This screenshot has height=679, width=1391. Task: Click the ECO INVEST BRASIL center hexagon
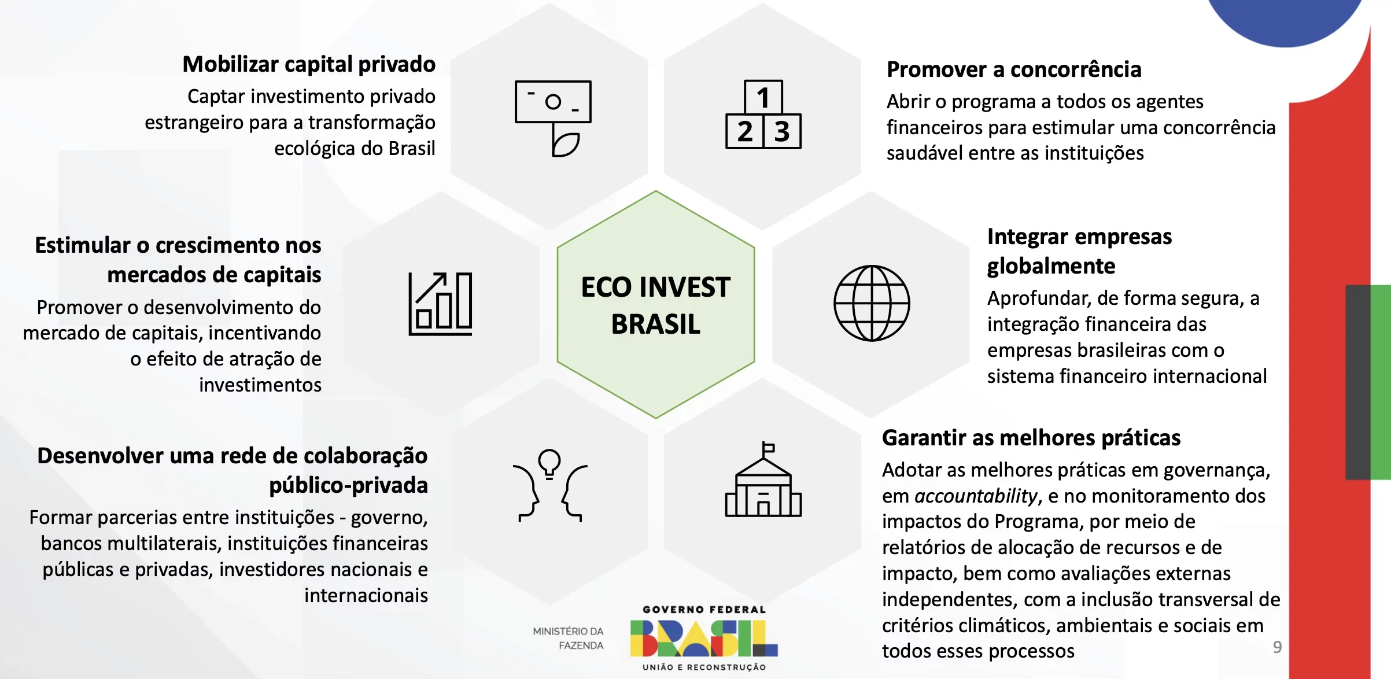click(x=656, y=304)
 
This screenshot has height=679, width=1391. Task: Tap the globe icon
click(x=872, y=303)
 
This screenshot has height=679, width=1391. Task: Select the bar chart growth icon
click(x=441, y=304)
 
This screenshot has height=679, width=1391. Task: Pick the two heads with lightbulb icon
click(x=550, y=485)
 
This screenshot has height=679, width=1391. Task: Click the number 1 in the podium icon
click(x=763, y=98)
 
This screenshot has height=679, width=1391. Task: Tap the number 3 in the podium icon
click(x=782, y=132)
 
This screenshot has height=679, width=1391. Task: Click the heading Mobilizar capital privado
click(x=309, y=64)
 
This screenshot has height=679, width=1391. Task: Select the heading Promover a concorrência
click(x=1014, y=69)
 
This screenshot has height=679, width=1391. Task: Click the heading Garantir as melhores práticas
click(x=1031, y=438)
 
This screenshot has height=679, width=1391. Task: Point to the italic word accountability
click(x=976, y=496)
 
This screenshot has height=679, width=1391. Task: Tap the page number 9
click(x=1277, y=647)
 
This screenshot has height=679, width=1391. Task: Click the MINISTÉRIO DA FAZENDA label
click(x=568, y=638)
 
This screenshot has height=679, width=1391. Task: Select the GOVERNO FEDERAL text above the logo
click(x=704, y=610)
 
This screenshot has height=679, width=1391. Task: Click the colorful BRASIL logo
click(x=704, y=639)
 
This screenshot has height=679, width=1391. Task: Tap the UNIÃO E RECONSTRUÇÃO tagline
click(x=704, y=667)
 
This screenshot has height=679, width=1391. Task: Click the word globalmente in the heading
click(x=1051, y=267)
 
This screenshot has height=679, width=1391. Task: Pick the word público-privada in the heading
click(x=348, y=485)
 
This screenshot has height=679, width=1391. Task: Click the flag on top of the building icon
click(x=769, y=447)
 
